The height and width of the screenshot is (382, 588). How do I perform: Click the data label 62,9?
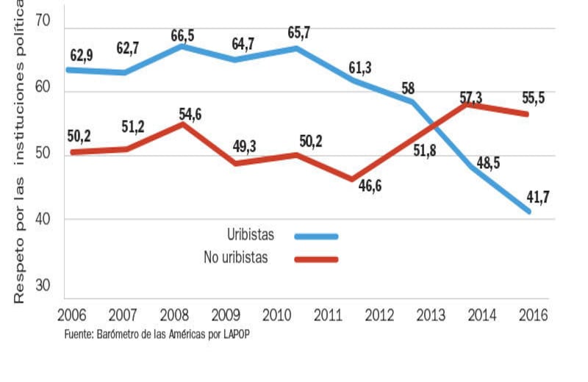click(81, 57)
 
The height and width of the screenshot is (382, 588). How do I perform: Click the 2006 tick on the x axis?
click(71, 315)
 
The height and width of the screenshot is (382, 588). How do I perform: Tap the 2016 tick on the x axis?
click(533, 315)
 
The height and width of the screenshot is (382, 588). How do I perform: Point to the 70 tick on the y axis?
click(42, 21)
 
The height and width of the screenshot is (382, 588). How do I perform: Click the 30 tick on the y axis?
click(42, 286)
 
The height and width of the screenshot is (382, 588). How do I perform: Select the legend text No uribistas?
click(235, 258)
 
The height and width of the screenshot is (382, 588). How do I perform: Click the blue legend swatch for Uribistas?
click(316, 237)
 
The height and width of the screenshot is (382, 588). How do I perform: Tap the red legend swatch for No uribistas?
click(316, 259)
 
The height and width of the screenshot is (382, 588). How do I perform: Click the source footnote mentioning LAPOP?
click(162, 334)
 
